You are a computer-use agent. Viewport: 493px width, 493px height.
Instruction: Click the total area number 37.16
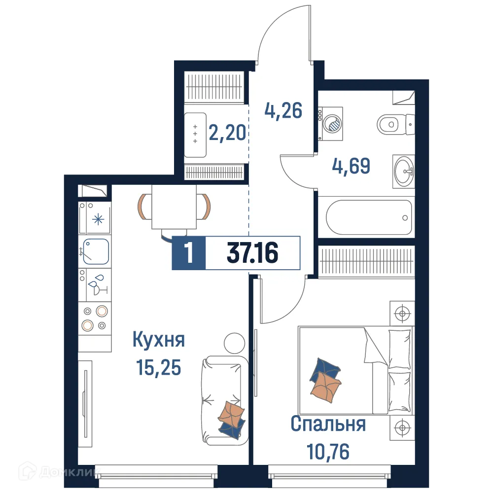click(x=252, y=253)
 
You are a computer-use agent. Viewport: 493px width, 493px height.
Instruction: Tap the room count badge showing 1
click(x=188, y=253)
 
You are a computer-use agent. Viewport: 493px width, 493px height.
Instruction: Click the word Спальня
click(x=328, y=423)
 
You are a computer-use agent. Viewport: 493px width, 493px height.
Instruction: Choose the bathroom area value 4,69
click(x=350, y=166)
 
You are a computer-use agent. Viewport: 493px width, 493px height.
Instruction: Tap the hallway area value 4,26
click(x=283, y=110)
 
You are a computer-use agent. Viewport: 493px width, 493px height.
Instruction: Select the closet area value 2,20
click(x=227, y=132)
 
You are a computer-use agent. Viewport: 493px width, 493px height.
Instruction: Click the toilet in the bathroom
click(x=394, y=123)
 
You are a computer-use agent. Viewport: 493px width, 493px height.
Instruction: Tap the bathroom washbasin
click(x=403, y=171)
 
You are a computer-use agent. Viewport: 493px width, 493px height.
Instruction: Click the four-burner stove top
click(x=95, y=318)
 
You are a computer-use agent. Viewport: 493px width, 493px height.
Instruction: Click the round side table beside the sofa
click(x=234, y=343)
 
